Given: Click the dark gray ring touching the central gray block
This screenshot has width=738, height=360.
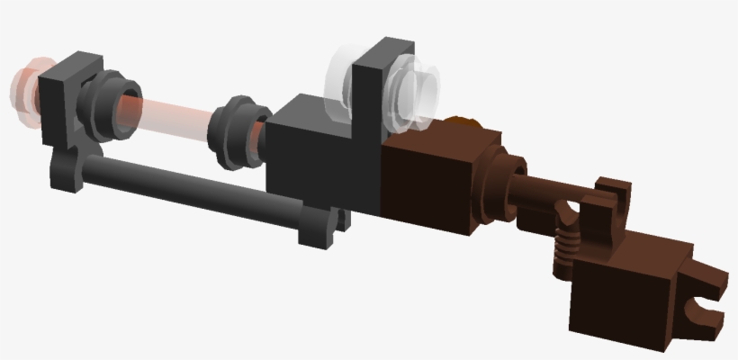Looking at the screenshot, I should [236, 133].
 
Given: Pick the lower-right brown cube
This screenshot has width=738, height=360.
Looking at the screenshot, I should [621, 288].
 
